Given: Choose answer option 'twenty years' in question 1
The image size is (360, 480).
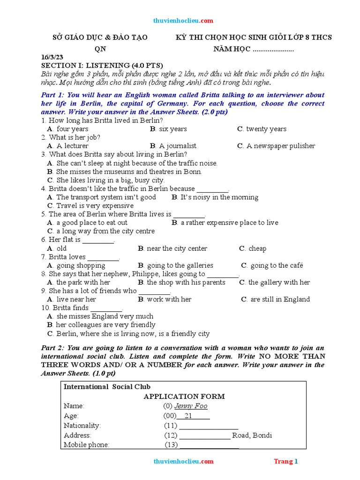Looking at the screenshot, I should coord(266,129).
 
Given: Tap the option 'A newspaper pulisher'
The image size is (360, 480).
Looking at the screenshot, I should coord(281,146).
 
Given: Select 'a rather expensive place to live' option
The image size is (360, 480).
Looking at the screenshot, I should coord(229,223).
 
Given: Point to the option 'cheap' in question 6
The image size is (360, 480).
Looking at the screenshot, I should coord(257,248).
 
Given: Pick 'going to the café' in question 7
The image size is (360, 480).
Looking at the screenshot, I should coord(277,265).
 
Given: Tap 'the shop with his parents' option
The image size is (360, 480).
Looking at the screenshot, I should coord(186,282).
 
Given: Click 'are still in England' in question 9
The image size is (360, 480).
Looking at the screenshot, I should coord(280,299).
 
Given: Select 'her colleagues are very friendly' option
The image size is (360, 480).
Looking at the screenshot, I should coord(105,325).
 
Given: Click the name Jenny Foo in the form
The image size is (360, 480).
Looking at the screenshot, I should coord(191,406).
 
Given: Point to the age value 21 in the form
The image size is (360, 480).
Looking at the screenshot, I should coord(188,416).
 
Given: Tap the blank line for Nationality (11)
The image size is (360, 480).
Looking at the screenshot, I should coord(209,426).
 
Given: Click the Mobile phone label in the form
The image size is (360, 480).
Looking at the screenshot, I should coord(86,445).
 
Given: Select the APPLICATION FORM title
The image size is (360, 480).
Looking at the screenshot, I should coord(184,396).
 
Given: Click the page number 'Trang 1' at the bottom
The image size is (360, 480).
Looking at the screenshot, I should coord(286,462).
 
